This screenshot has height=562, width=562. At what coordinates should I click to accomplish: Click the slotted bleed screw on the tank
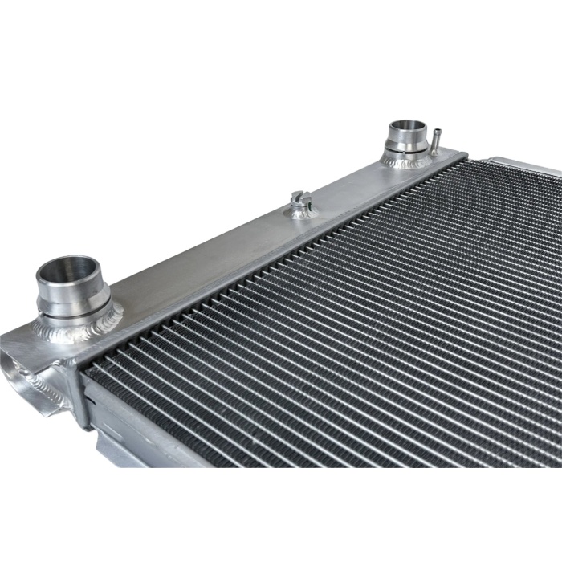(x=301, y=198)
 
